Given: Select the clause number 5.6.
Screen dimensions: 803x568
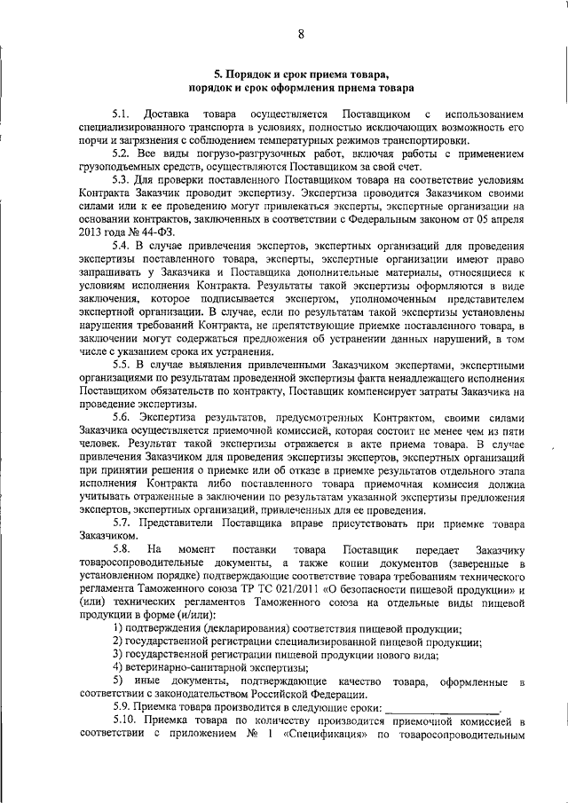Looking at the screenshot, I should click(122, 415).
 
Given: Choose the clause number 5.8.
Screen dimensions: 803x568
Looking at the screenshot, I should click(122, 551).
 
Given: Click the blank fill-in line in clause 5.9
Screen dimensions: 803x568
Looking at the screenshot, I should click(444, 708).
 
